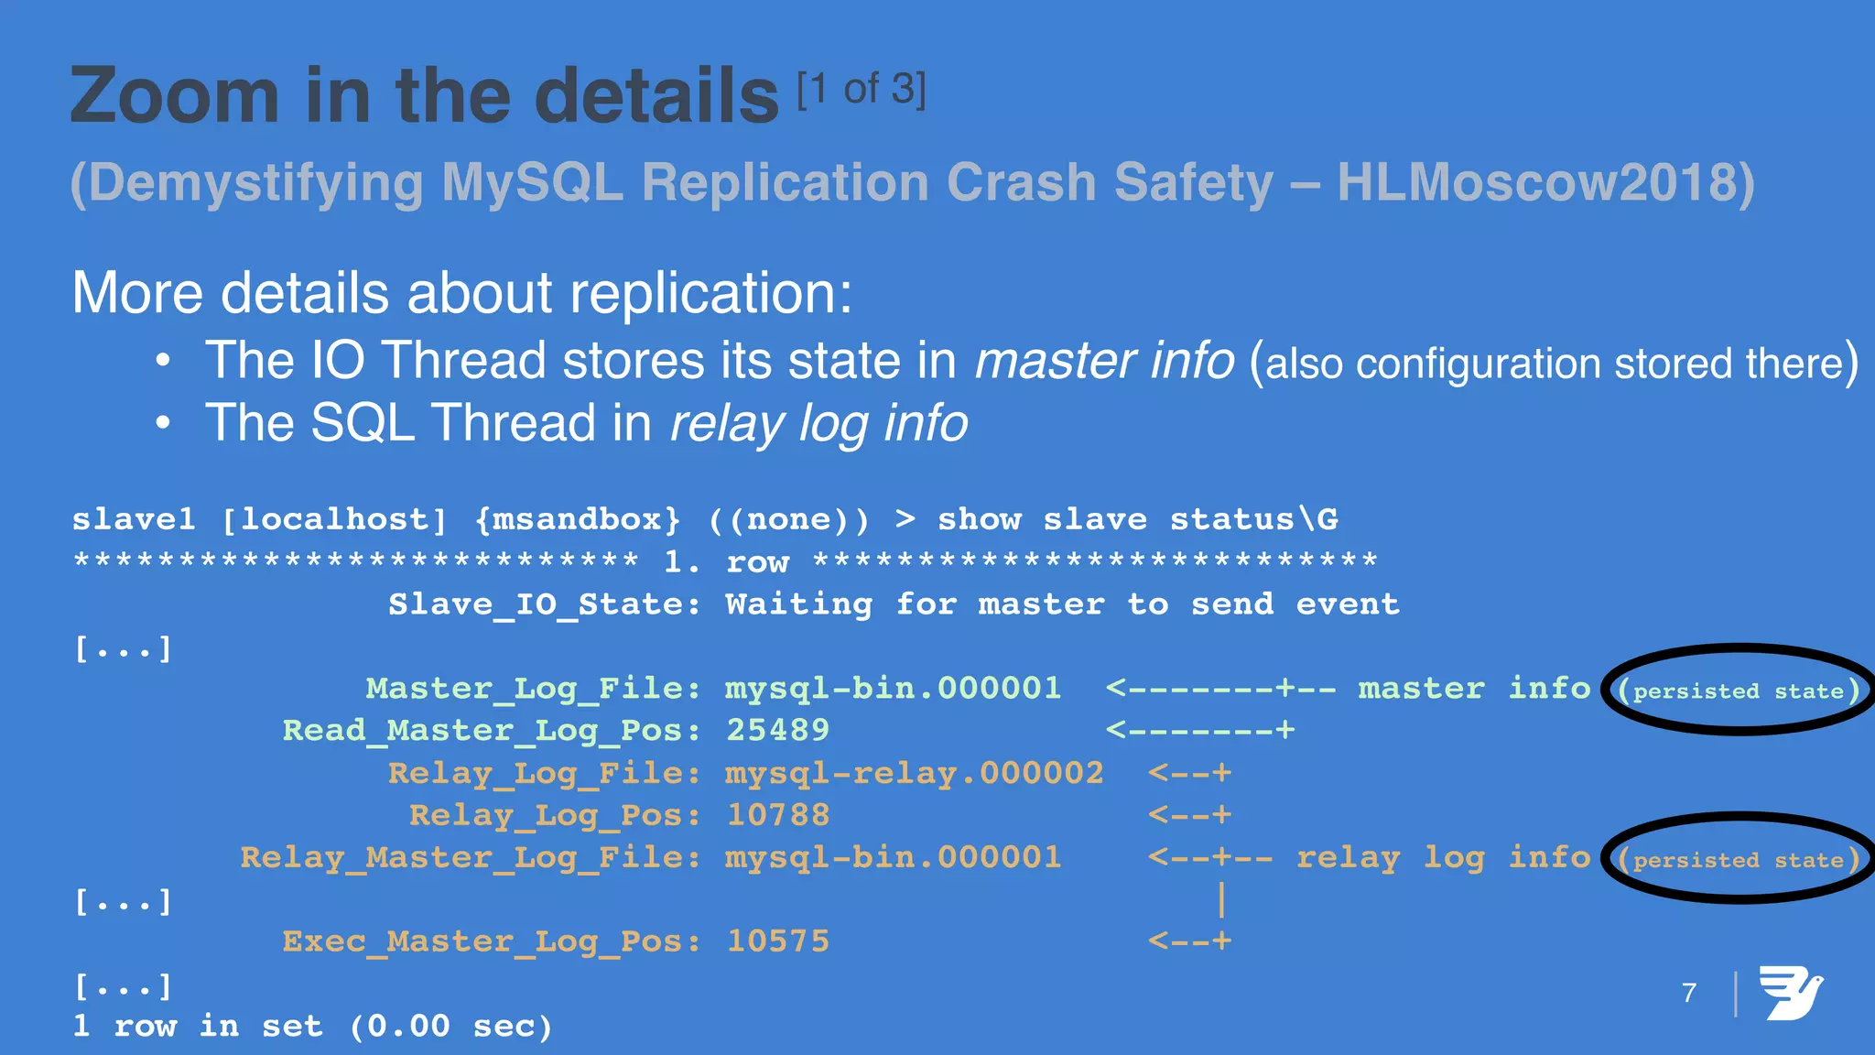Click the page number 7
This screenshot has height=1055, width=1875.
(x=1689, y=993)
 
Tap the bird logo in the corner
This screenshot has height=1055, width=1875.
(x=1790, y=993)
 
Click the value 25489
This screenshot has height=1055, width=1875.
(x=777, y=730)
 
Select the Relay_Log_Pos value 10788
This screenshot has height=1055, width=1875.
(x=777, y=815)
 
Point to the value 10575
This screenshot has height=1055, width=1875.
(x=777, y=941)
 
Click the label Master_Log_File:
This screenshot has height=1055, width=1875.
(x=533, y=689)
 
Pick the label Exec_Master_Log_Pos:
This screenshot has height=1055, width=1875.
(x=491, y=941)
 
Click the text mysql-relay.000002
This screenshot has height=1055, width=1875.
(x=914, y=773)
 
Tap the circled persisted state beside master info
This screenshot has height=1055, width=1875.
(x=1739, y=691)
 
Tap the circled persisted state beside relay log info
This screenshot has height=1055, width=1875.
(x=1739, y=860)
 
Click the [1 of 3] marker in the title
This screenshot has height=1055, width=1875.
(x=861, y=90)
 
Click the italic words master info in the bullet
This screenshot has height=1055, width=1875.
(x=1104, y=360)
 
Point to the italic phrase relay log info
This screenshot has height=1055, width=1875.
(x=818, y=423)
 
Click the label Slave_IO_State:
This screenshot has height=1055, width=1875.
(x=544, y=604)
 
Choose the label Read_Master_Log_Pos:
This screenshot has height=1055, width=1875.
(x=491, y=731)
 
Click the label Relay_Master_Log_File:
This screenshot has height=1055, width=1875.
(x=470, y=858)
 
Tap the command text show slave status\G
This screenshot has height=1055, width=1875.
(x=1137, y=520)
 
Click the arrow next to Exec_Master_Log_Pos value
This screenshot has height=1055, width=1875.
(x=1189, y=941)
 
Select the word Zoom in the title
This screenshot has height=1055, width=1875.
(x=174, y=96)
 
